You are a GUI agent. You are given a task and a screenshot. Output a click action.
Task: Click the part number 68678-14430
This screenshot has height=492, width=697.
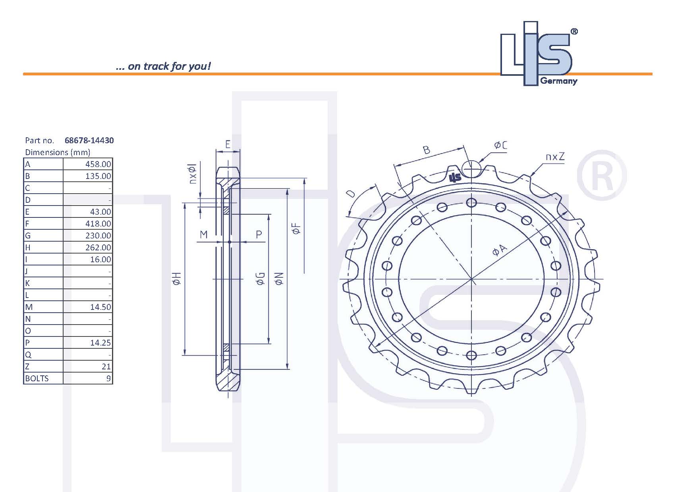pos(89,140)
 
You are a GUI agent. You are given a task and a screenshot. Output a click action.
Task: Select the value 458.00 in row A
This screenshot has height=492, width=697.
pos(98,164)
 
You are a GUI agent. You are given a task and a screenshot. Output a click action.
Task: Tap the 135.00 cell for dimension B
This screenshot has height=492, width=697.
pos(98,176)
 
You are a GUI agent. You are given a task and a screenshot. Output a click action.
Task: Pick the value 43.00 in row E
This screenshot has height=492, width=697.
pos(100,212)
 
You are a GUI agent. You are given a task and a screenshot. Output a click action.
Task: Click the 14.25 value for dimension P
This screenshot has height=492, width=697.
pos(100,343)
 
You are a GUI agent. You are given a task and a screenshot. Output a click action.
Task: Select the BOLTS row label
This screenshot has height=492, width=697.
pos(37,379)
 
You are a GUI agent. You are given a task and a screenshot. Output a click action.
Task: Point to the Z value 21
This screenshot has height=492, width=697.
pos(106,367)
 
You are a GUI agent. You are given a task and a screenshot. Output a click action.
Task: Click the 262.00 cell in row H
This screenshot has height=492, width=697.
pos(98,248)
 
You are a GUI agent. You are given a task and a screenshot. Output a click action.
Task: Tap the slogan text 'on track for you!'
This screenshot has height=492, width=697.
pos(169,66)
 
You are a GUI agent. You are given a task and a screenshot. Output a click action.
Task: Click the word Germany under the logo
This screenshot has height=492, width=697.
pos(558,81)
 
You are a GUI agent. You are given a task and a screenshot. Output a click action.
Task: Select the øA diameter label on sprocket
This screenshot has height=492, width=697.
pos(500,250)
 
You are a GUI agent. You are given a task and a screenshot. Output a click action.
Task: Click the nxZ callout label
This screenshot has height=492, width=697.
pos(554,157)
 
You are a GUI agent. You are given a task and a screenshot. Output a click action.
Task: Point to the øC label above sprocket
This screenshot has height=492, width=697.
pos(500,146)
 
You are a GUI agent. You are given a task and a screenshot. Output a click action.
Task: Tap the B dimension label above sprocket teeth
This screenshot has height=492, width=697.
pos(426,150)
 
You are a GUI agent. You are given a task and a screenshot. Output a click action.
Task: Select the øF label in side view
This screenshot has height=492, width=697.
pos(296,229)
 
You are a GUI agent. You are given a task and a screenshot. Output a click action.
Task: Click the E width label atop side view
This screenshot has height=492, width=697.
pos(228,144)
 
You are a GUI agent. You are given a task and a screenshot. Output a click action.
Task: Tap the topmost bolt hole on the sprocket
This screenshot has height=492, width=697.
pos(471,203)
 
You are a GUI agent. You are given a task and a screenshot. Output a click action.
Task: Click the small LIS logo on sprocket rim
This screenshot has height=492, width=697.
pos(455,177)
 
